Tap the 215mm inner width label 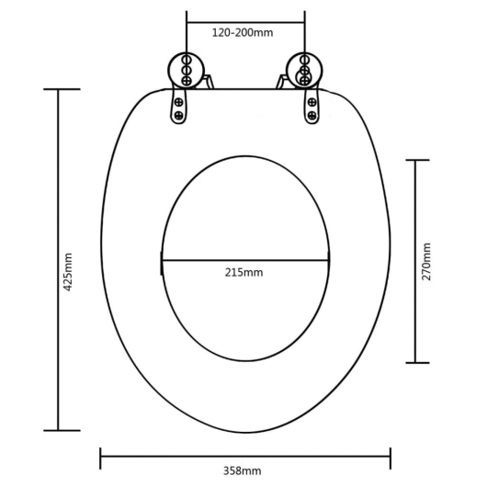click(x=245, y=273)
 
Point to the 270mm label click(x=426, y=262)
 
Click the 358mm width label click(x=245, y=470)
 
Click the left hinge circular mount click(x=184, y=69)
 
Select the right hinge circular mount click(x=302, y=69)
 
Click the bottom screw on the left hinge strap click(x=178, y=117)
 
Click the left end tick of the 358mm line click(x=100, y=453)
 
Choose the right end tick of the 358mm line click(x=391, y=453)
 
